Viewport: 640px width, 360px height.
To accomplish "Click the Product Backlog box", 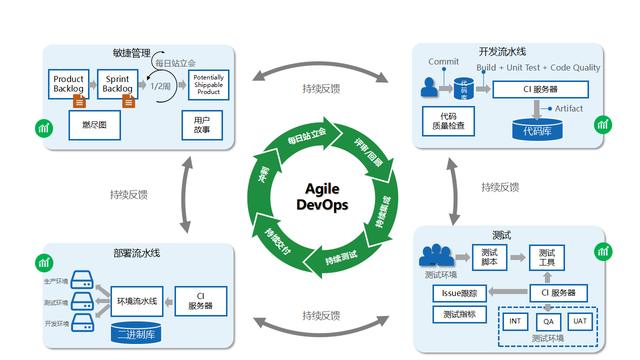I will (68, 84).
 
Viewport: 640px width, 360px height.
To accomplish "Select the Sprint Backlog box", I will (117, 84).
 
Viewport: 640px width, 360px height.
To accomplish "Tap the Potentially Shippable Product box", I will (208, 85).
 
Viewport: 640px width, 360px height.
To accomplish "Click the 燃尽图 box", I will (94, 125).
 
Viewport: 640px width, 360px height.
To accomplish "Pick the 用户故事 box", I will (202, 125).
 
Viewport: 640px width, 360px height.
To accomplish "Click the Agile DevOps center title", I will (322, 196).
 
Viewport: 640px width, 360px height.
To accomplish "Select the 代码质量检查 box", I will (448, 121).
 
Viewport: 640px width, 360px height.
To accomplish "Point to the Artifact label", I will (568, 108).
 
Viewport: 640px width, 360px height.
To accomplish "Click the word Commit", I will (443, 61).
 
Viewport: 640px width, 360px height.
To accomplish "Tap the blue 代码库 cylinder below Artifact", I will (537, 130).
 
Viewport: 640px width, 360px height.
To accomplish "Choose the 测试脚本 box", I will (489, 257).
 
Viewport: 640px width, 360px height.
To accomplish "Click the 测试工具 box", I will (547, 257).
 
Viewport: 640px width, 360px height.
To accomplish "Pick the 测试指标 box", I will (459, 314).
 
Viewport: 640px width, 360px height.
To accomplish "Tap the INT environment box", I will (515, 321).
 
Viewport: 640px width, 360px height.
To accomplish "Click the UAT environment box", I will (580, 321).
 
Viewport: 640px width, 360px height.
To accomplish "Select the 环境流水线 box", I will (137, 301).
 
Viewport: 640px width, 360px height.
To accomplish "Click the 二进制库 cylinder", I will (136, 333).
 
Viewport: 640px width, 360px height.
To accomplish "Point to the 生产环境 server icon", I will (82, 280).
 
